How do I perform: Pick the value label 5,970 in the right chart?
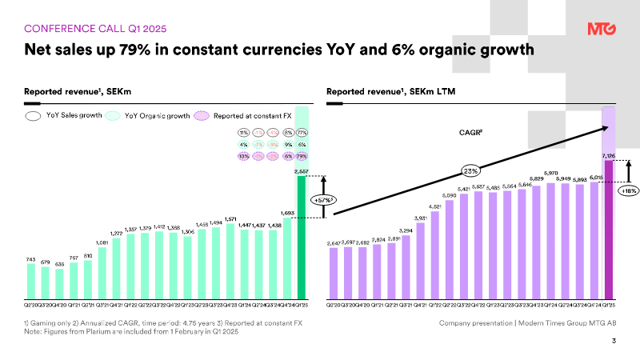[x=550, y=172]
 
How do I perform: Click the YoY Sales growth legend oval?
[x=34, y=116]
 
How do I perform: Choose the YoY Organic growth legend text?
[x=157, y=116]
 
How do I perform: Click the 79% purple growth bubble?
[x=302, y=156]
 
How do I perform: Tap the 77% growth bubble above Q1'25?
[x=302, y=132]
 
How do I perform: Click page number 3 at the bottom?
[x=614, y=342]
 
